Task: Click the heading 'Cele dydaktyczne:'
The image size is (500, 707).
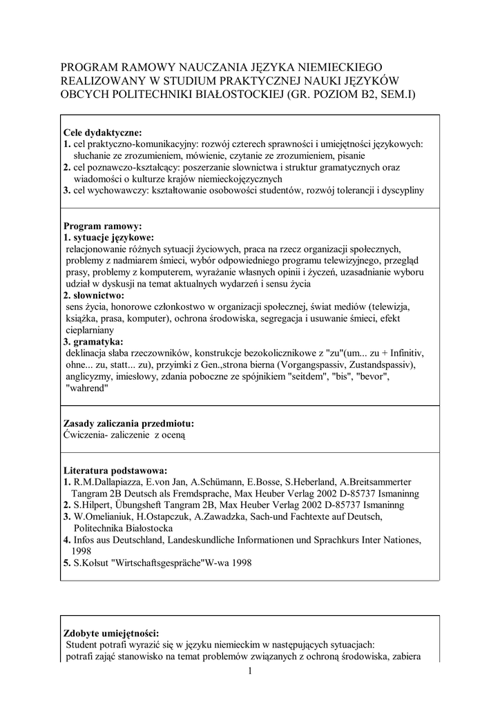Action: (x=102, y=133)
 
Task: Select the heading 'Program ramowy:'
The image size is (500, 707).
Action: (x=102, y=226)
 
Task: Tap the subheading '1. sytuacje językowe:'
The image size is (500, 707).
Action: (x=108, y=238)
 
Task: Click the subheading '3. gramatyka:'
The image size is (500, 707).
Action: (x=94, y=342)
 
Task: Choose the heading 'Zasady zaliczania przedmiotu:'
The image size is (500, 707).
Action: (x=128, y=423)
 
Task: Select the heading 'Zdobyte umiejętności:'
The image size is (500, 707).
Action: (x=110, y=633)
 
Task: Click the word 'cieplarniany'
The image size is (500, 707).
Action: (x=90, y=330)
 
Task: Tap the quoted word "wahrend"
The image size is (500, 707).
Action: (x=88, y=388)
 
